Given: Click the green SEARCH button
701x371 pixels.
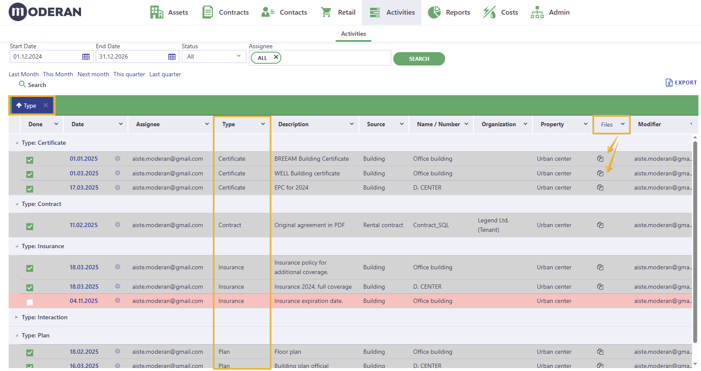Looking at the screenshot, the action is [419, 59].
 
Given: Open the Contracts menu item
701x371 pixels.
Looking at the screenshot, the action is [226, 12].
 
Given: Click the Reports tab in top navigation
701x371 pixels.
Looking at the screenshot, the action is [449, 12].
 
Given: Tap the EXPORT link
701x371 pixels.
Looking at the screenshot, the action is [681, 83].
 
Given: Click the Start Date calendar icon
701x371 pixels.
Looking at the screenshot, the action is [86, 57].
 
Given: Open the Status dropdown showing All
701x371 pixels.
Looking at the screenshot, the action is [214, 57].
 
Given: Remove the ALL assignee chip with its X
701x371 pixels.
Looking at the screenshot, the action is [276, 57].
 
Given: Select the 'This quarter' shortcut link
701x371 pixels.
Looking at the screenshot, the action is [129, 74].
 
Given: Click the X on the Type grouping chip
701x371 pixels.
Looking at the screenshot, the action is [46, 105].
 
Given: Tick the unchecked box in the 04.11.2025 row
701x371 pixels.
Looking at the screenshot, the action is [30, 302].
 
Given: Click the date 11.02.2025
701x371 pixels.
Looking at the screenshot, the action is [84, 225].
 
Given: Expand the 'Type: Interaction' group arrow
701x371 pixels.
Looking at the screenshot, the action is [16, 317].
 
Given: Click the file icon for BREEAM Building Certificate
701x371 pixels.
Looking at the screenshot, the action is [600, 159].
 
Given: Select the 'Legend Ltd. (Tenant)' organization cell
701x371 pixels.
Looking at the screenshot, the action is [493, 225].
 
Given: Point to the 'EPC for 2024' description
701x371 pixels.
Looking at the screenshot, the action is [291, 187].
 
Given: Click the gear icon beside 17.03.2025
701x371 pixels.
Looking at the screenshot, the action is [117, 187].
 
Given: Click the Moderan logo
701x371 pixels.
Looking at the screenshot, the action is [45, 12].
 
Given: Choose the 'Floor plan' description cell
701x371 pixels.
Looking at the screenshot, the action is [288, 352].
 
